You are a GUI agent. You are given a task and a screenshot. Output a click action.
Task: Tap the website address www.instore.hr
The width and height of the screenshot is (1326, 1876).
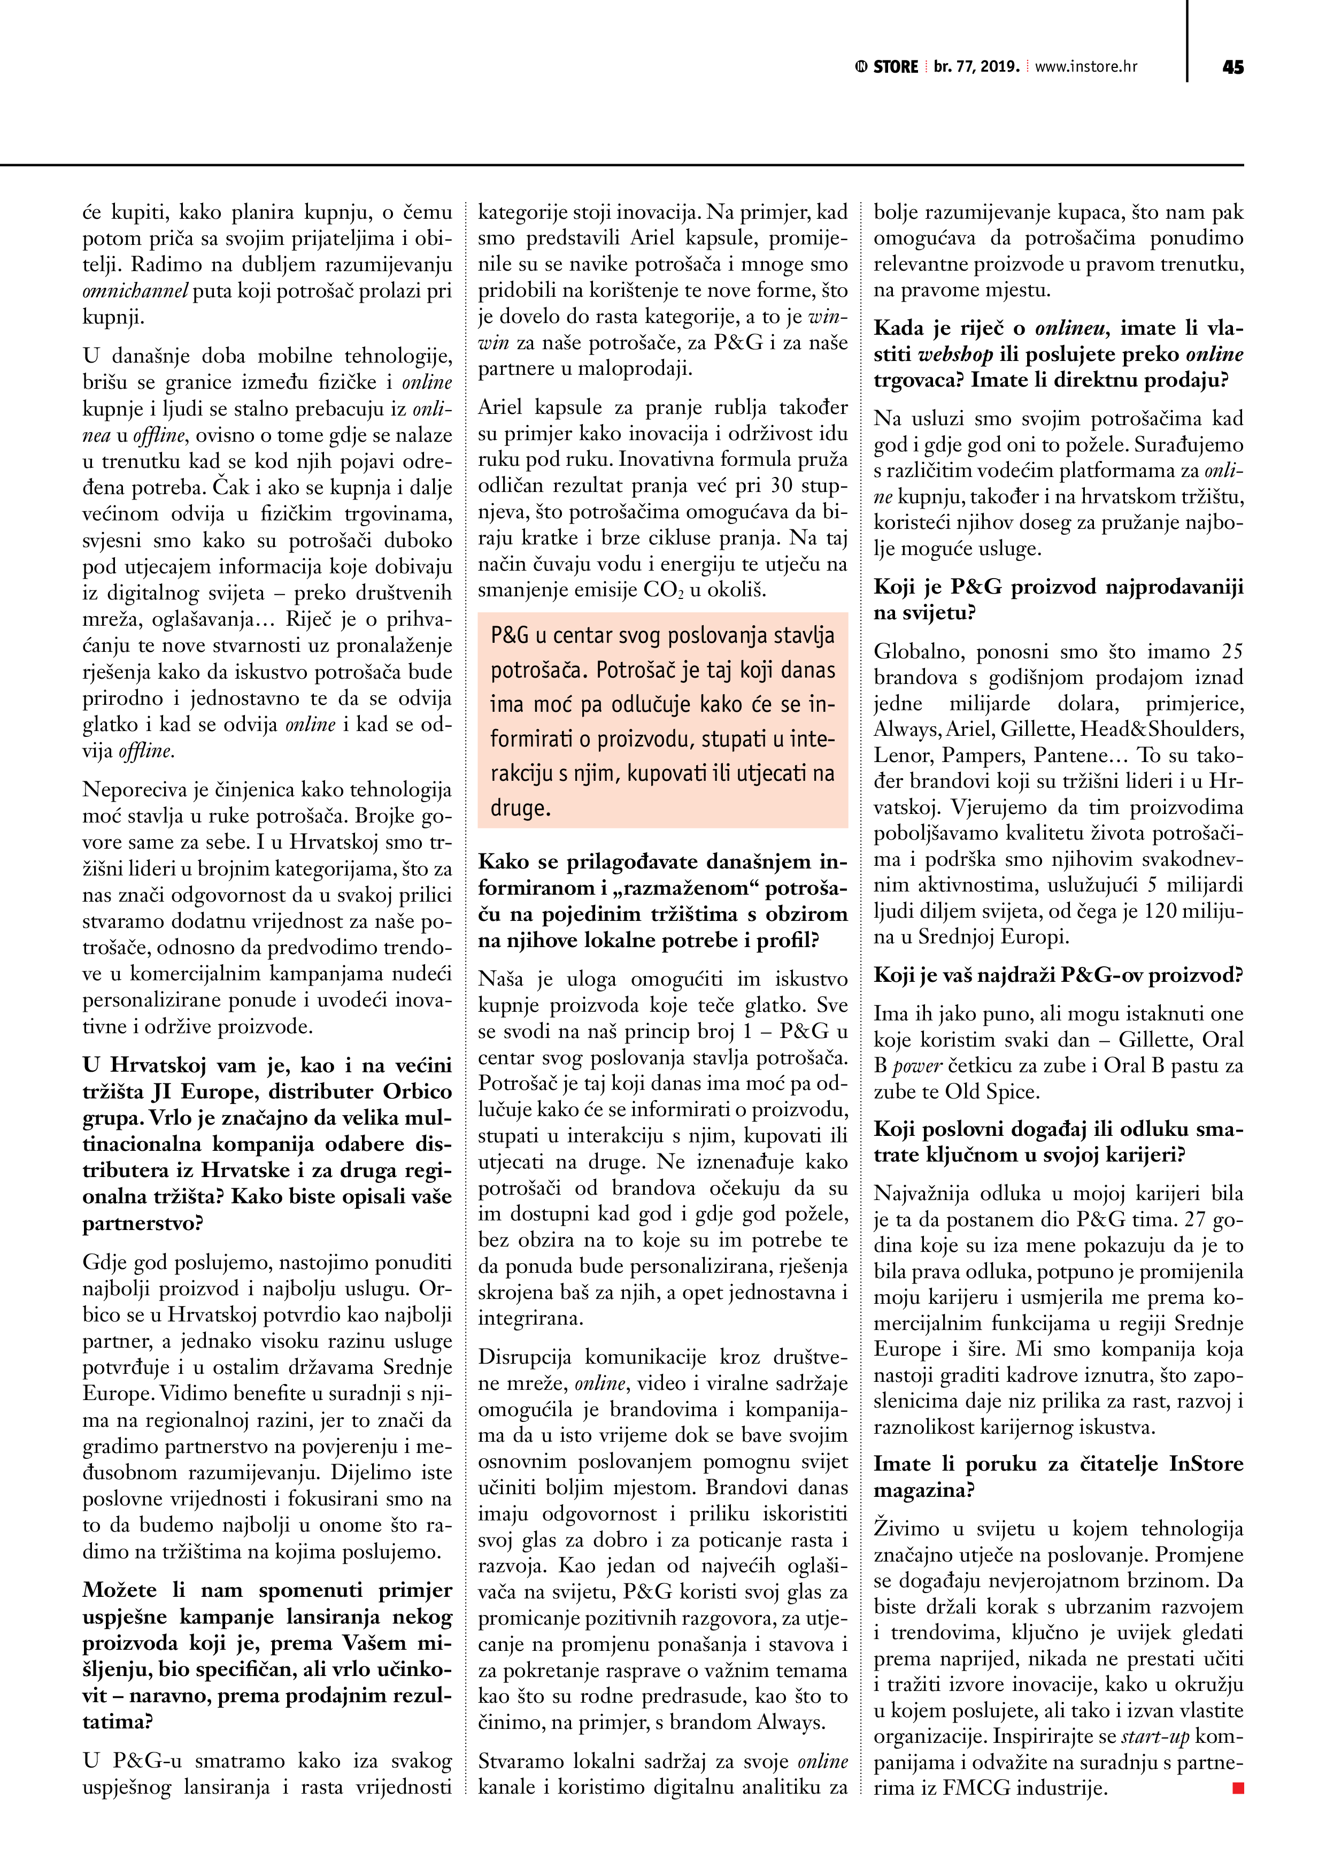(x=1086, y=67)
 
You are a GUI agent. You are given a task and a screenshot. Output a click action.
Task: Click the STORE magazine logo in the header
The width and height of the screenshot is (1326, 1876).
(x=887, y=67)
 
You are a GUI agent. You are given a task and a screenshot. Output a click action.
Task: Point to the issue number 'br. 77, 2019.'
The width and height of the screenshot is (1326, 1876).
(x=976, y=67)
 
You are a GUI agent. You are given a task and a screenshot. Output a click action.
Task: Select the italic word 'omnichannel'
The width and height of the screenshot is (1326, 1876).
(x=136, y=291)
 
